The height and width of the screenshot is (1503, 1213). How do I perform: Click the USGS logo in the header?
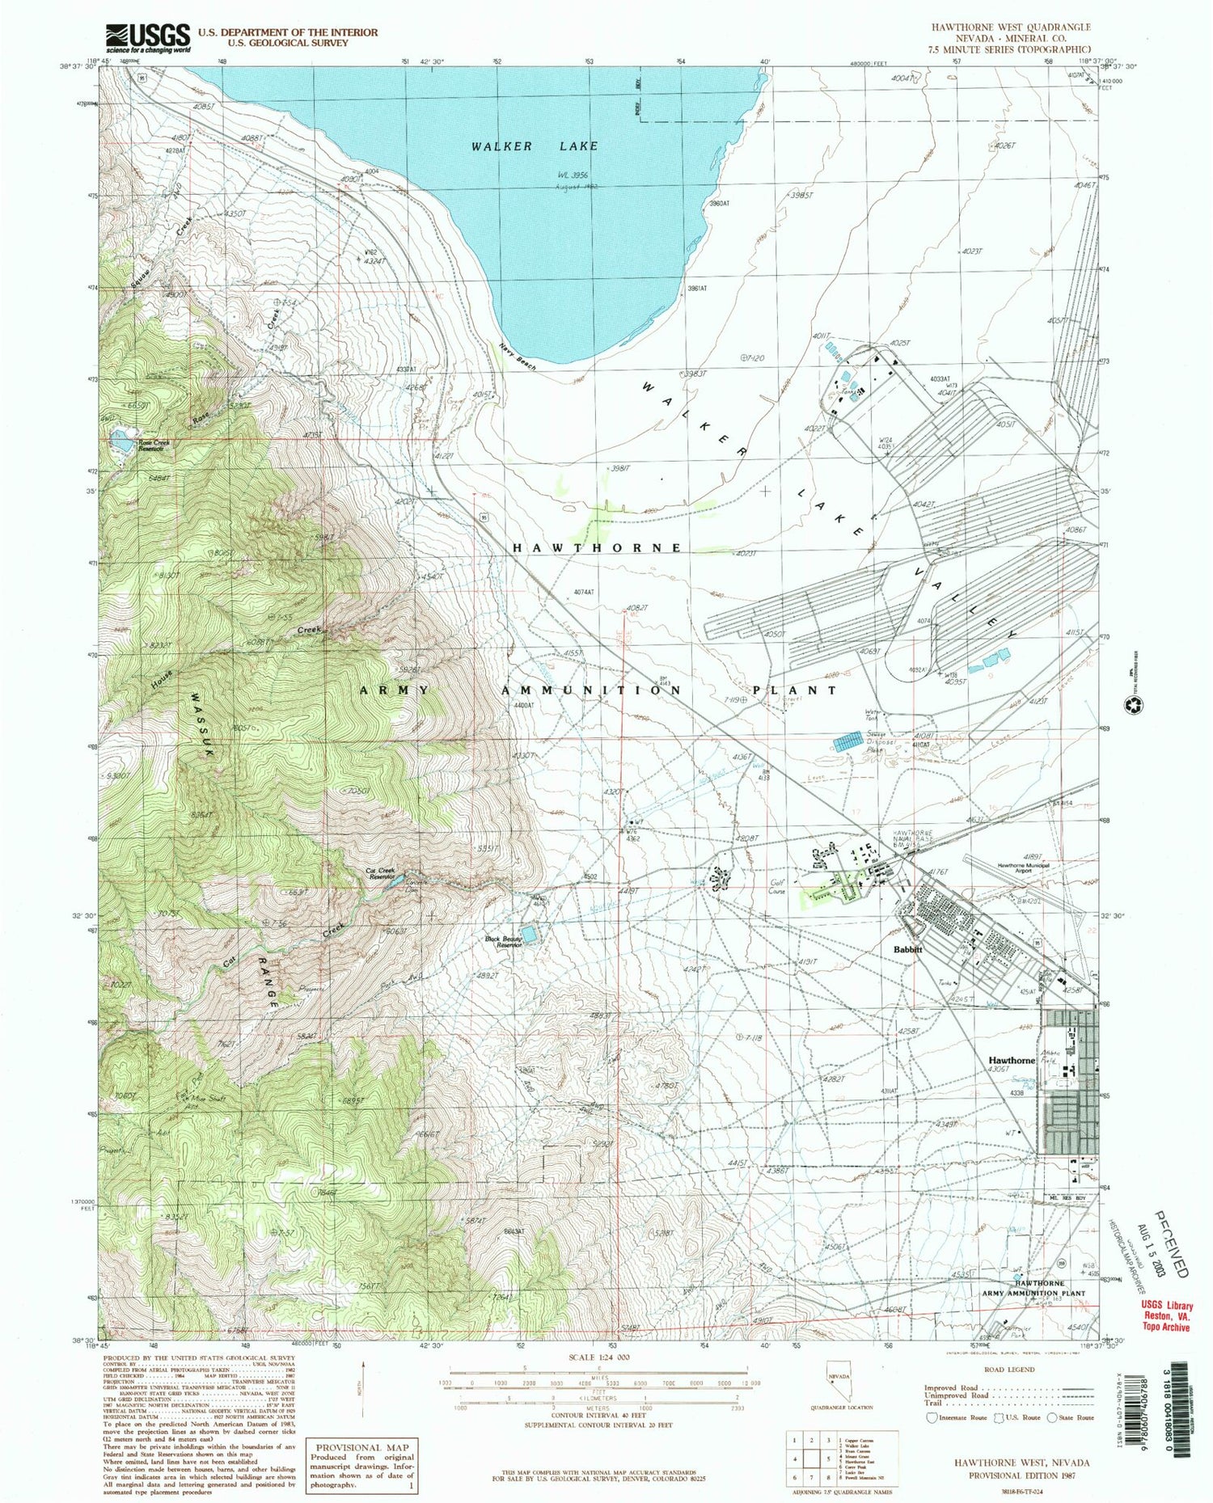pos(149,37)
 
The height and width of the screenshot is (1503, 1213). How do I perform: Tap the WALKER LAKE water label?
pos(535,146)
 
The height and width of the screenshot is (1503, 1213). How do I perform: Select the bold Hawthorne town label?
pos(1012,1060)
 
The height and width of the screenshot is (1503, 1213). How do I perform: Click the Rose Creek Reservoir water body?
pos(122,441)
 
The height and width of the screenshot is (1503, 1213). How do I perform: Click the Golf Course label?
pos(779,888)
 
